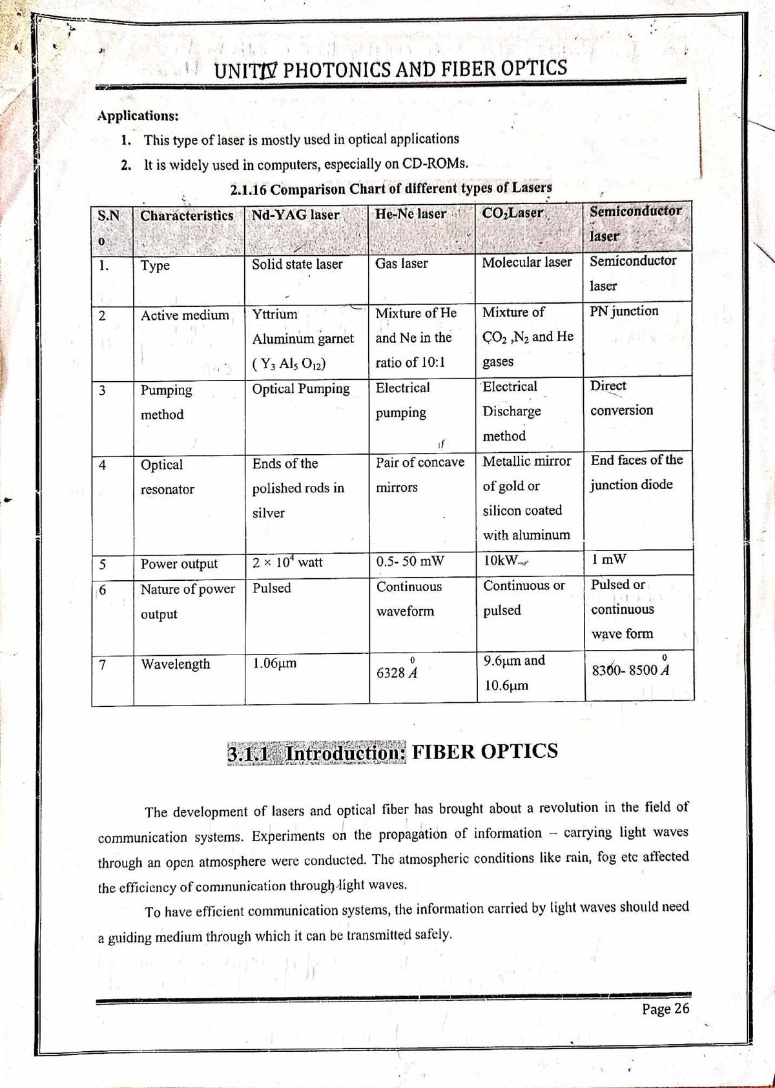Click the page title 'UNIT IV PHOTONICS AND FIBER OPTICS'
click(390, 68)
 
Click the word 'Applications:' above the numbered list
click(138, 116)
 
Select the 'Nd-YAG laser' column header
click(295, 214)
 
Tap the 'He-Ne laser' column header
click(411, 214)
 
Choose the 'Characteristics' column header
click(187, 216)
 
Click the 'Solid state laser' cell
click(297, 264)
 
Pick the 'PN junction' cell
click(624, 311)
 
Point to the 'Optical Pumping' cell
click(300, 389)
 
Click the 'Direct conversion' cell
click(621, 398)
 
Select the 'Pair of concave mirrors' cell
click(420, 475)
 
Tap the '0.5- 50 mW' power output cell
click(410, 561)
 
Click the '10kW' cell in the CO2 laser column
click(504, 560)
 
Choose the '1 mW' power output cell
click(608, 559)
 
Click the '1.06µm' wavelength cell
click(274, 663)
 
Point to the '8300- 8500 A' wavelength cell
click(630, 670)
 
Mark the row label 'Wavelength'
click(175, 664)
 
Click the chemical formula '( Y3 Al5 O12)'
click(289, 364)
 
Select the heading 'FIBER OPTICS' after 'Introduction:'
click(484, 751)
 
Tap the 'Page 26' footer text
click(665, 1009)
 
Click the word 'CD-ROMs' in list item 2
click(434, 163)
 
